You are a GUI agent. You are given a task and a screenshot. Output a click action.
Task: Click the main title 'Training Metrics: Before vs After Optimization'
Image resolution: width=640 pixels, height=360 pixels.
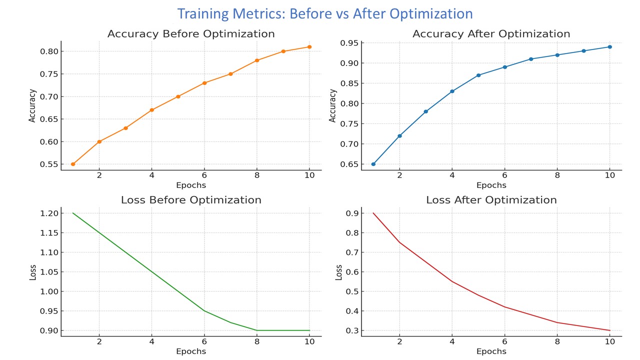click(x=325, y=13)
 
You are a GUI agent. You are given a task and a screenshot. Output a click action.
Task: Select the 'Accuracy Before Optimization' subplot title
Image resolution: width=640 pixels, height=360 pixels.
click(x=191, y=34)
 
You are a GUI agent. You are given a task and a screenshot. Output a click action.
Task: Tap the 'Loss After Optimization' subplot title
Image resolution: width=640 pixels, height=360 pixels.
click(x=491, y=200)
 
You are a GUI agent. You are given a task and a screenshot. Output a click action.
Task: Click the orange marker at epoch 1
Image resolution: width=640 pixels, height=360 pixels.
click(x=73, y=164)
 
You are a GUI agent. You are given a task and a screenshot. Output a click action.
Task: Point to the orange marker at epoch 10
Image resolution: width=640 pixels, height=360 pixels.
click(x=309, y=47)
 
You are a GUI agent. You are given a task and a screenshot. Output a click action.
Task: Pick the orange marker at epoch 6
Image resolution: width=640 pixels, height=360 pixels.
click(x=204, y=83)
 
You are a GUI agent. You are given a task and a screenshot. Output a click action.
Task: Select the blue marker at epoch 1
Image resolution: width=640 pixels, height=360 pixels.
click(x=373, y=164)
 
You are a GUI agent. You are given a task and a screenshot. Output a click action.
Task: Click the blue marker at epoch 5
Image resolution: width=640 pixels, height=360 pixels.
click(x=478, y=75)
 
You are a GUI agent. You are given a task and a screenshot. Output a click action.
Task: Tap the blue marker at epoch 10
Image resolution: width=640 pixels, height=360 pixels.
click(x=609, y=47)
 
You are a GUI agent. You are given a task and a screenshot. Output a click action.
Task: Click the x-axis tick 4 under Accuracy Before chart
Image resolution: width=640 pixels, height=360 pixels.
click(x=151, y=175)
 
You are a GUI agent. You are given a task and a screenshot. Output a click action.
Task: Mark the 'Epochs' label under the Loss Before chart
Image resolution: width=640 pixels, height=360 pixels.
click(x=191, y=351)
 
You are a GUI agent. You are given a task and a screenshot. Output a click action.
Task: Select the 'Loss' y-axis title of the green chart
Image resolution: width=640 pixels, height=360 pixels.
click(x=33, y=272)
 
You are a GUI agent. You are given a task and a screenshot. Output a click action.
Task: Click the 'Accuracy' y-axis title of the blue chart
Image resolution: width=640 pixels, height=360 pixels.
click(x=333, y=105)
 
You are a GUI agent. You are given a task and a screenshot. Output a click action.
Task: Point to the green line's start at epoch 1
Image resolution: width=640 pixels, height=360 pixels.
click(x=73, y=213)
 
